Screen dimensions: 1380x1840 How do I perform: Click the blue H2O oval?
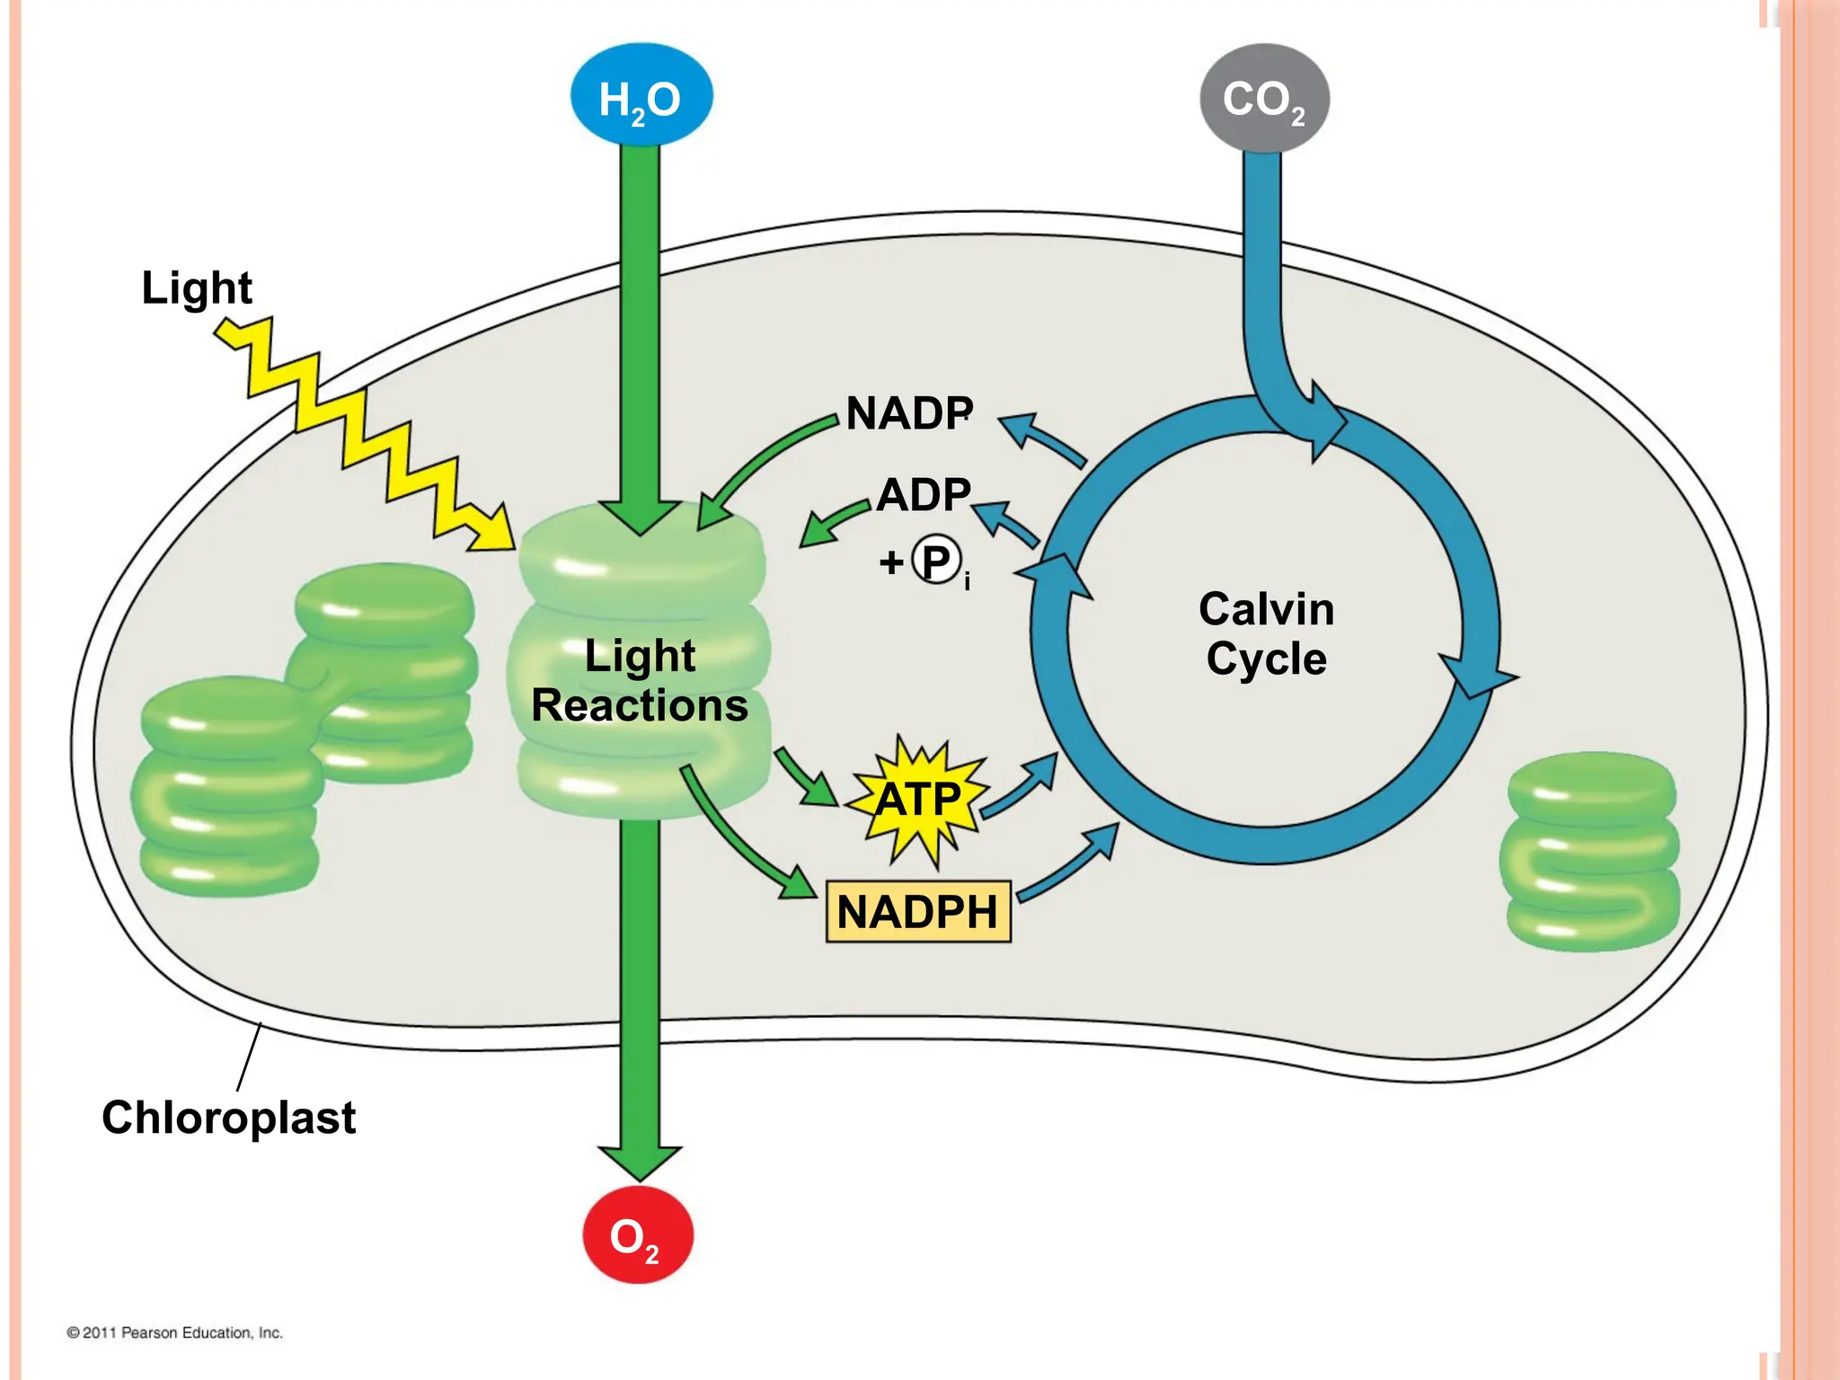(x=641, y=96)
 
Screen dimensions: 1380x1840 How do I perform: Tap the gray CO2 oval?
(x=1264, y=98)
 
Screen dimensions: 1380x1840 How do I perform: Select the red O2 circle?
(x=638, y=1235)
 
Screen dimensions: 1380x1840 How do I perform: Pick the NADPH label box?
(x=918, y=911)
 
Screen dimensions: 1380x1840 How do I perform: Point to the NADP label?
(x=908, y=413)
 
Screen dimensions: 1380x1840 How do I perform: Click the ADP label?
(x=924, y=494)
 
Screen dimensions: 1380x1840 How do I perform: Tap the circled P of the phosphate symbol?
(x=935, y=562)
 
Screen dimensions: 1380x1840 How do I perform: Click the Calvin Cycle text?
(x=1266, y=633)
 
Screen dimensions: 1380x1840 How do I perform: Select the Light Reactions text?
(x=640, y=680)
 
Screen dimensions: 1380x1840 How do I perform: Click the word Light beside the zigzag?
(x=197, y=287)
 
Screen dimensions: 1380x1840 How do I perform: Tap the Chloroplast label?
(x=228, y=1117)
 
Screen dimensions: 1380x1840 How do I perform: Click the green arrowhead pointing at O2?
(x=640, y=1162)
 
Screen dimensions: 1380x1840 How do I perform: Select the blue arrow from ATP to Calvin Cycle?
(x=1021, y=787)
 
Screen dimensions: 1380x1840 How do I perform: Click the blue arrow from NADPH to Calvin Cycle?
(x=1069, y=862)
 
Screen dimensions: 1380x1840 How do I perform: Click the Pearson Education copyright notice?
(x=174, y=1332)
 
